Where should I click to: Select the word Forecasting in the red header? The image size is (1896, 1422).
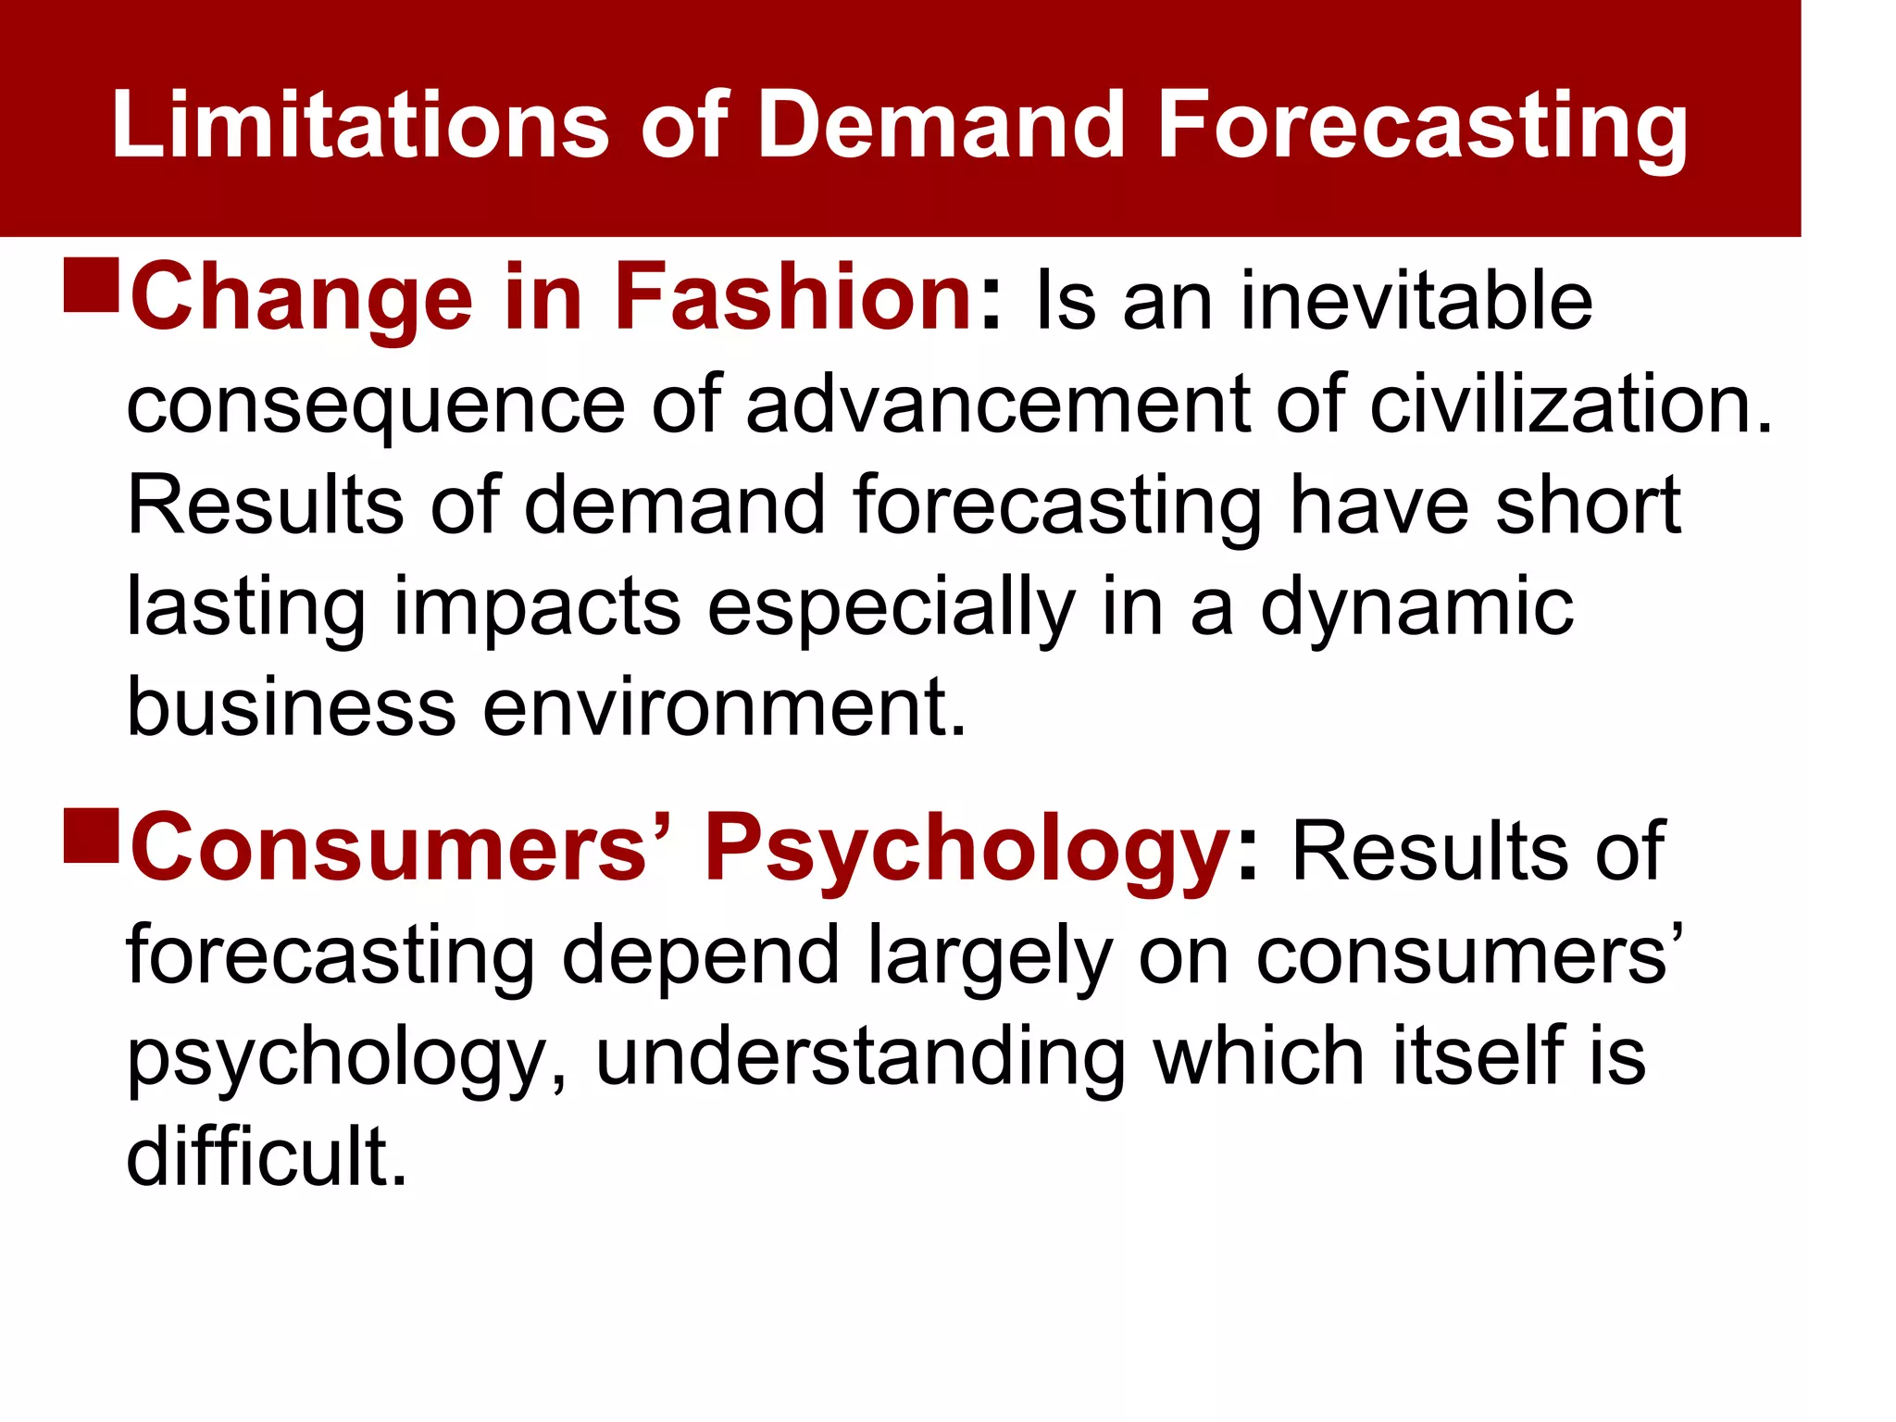1422,128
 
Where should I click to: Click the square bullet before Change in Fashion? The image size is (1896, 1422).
92,285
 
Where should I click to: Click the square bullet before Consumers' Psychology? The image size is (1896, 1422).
92,836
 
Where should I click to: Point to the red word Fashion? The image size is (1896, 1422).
792,297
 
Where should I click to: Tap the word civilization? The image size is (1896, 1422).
1570,405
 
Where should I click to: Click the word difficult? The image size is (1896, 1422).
266,1156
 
